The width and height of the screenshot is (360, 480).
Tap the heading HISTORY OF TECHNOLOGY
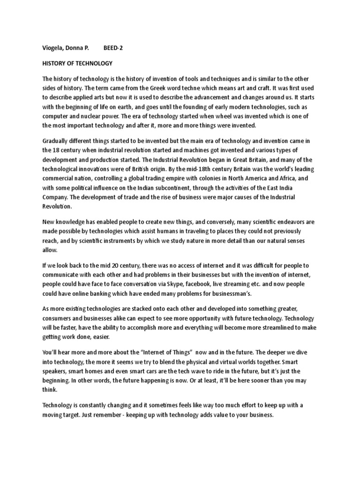(x=77, y=63)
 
